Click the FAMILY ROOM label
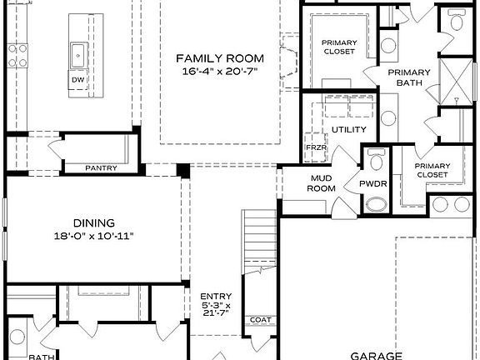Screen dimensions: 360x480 [x=219, y=58]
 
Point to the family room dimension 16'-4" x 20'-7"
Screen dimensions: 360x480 [x=219, y=73]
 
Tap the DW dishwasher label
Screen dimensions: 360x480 [x=78, y=80]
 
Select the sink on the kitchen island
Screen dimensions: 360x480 [x=78, y=54]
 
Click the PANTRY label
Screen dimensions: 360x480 [x=101, y=167]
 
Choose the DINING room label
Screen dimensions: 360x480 [x=93, y=222]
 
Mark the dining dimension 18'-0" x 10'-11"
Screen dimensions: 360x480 [x=93, y=236]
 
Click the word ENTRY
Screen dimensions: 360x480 [x=216, y=296]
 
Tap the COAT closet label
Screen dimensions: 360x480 [x=260, y=319]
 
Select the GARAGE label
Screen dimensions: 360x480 [x=377, y=353]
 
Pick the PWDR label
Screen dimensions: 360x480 [x=372, y=183]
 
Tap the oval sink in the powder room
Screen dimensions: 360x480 [x=377, y=204]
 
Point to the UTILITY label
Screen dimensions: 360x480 [x=348, y=130]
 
